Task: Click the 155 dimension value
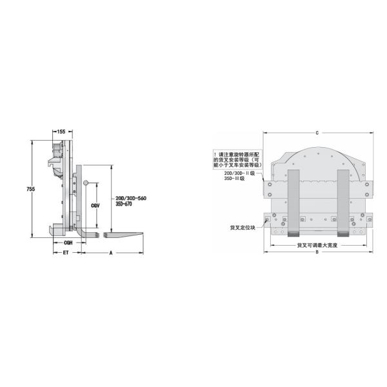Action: [x=61, y=132]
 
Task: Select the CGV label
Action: [x=95, y=205]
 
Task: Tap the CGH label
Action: [x=66, y=243]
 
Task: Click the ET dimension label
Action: [x=66, y=253]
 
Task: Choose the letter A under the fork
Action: [x=112, y=253]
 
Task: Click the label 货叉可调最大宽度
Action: [x=317, y=245]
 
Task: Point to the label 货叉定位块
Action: [x=244, y=228]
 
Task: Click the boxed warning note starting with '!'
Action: [x=240, y=159]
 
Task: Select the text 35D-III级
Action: [x=233, y=178]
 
